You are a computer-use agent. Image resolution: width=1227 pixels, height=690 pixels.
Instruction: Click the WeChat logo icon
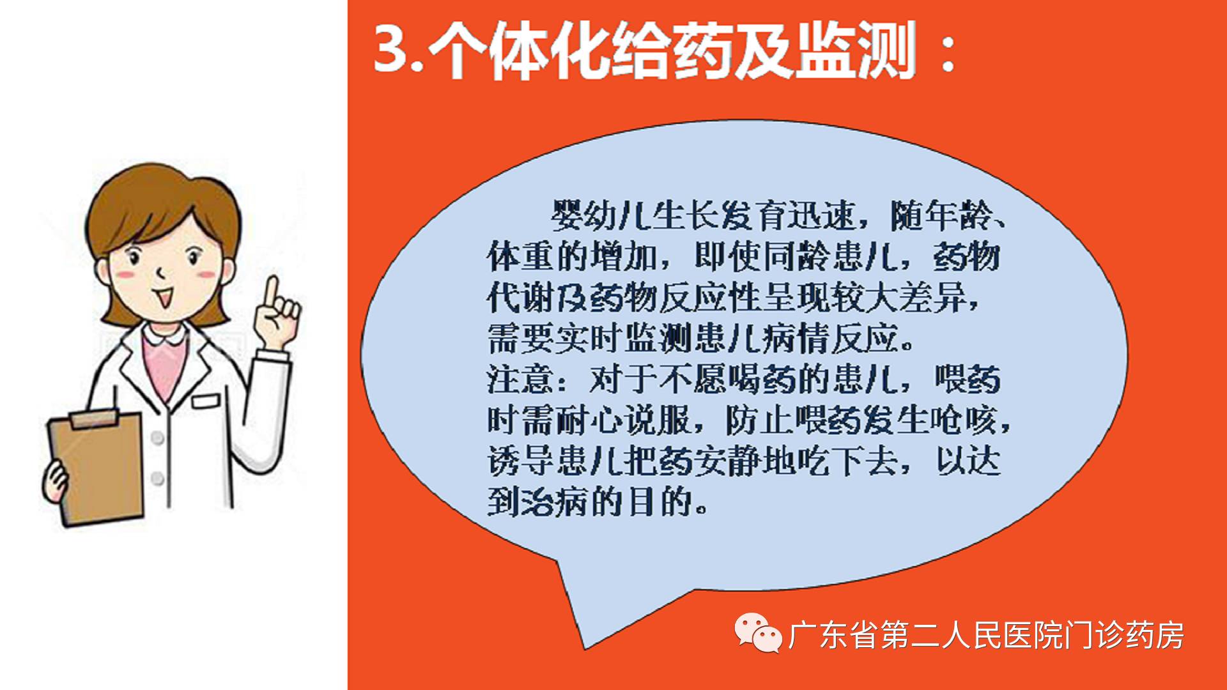pyautogui.click(x=757, y=632)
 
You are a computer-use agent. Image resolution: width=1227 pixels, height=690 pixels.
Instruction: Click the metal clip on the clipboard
pyautogui.click(x=95, y=418)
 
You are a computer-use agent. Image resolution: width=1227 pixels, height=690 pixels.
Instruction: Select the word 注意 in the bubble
pyautogui.click(x=520, y=379)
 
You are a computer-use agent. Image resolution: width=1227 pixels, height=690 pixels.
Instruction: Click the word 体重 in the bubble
pyautogui.click(x=520, y=257)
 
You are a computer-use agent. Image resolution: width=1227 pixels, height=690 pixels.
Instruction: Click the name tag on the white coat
pyautogui.click(x=206, y=401)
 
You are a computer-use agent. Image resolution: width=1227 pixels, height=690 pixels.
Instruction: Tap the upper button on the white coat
pyautogui.click(x=157, y=438)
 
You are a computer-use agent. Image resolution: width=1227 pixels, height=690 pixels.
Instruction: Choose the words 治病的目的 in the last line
pyautogui.click(x=613, y=502)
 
